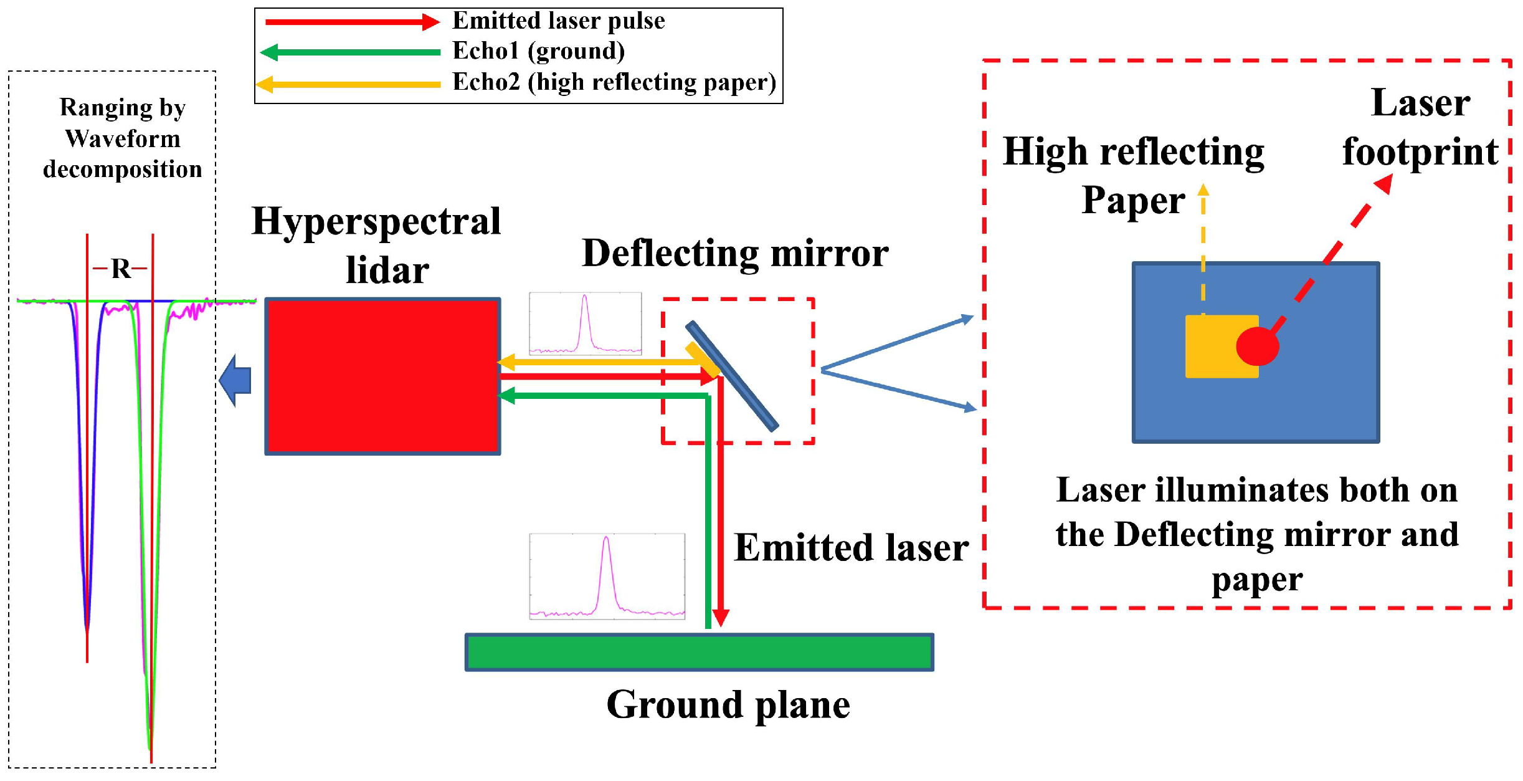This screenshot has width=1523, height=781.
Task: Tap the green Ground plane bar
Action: pyautogui.click(x=699, y=652)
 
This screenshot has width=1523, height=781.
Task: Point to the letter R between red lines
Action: pyautogui.click(x=120, y=269)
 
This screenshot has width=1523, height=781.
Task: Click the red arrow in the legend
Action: pyautogui.click(x=352, y=22)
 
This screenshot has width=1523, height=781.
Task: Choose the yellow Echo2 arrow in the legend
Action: pyautogui.click(x=349, y=84)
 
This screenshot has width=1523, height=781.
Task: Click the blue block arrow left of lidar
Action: pyautogui.click(x=235, y=380)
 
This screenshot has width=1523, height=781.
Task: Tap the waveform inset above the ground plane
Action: pyautogui.click(x=607, y=577)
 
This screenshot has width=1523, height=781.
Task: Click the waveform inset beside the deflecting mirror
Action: pyautogui.click(x=585, y=323)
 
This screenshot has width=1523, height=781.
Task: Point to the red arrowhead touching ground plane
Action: pyautogui.click(x=721, y=617)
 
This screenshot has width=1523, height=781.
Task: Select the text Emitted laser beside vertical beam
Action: pyautogui.click(x=851, y=548)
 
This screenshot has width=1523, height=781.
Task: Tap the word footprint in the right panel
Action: pyautogui.click(x=1420, y=152)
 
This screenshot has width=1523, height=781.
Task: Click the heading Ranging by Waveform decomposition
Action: pyautogui.click(x=123, y=138)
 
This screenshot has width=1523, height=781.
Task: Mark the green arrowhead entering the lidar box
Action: pyautogui.click(x=506, y=395)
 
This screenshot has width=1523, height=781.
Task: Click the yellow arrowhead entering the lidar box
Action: pyautogui.click(x=506, y=362)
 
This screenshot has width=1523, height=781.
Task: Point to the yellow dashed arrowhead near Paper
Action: pyautogui.click(x=1203, y=189)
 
